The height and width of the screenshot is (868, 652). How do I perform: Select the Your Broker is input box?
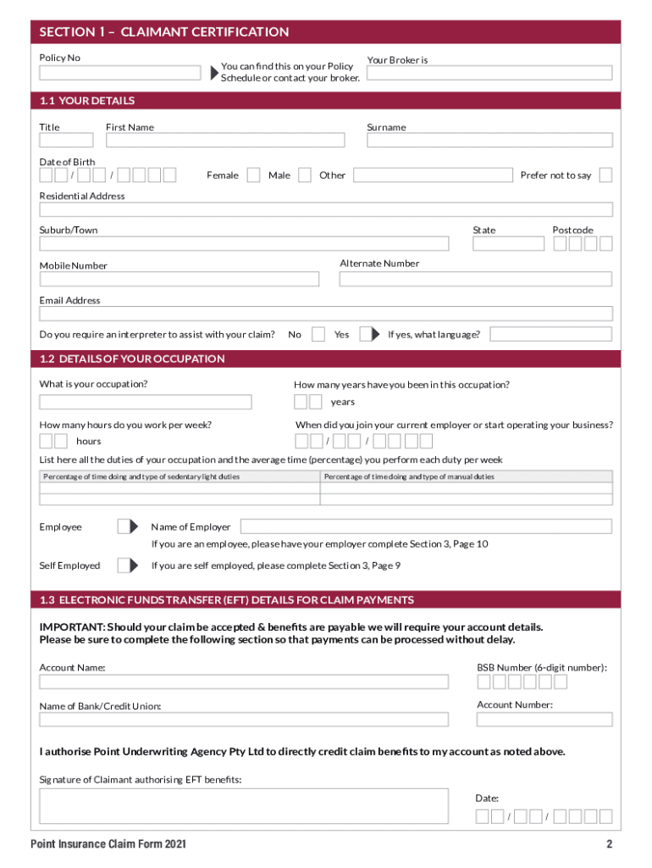489,73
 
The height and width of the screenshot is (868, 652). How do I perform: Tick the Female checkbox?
253,175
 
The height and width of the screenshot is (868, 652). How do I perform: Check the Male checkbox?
305,175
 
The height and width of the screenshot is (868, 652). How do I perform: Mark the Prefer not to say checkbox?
605,175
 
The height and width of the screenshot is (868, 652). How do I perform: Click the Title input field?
66,141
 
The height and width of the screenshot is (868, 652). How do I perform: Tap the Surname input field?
489,141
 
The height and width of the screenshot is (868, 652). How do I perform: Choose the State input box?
508,244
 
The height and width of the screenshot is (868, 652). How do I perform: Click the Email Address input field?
326,314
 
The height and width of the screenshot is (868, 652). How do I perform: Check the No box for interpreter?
318,334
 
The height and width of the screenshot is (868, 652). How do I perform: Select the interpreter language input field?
550,334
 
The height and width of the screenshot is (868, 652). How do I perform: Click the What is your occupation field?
146,402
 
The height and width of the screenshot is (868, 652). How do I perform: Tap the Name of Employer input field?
427,526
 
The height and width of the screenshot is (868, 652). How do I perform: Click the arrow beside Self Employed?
127,565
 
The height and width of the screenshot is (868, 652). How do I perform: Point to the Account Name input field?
244,682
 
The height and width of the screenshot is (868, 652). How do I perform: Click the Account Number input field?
544,719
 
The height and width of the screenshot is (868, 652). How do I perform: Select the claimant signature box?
244,806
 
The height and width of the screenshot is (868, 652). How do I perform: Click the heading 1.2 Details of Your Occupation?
132,359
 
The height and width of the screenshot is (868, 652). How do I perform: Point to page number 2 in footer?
608,844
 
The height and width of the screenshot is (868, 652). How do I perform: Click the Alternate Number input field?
476,279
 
